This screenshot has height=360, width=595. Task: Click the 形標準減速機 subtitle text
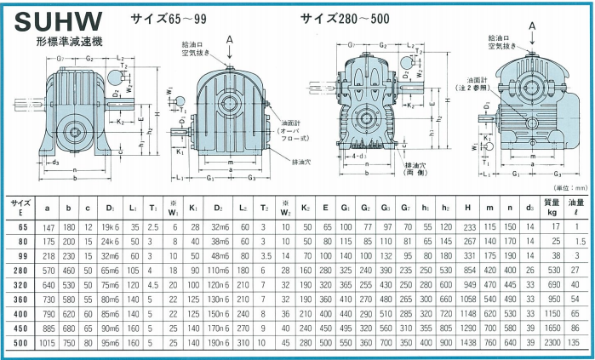[x=72, y=42]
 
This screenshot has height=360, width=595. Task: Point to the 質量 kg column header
[x=552, y=208]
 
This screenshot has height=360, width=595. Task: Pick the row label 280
[x=21, y=270]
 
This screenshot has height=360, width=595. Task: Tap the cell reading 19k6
[x=110, y=227]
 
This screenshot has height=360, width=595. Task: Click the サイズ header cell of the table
[x=21, y=208]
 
